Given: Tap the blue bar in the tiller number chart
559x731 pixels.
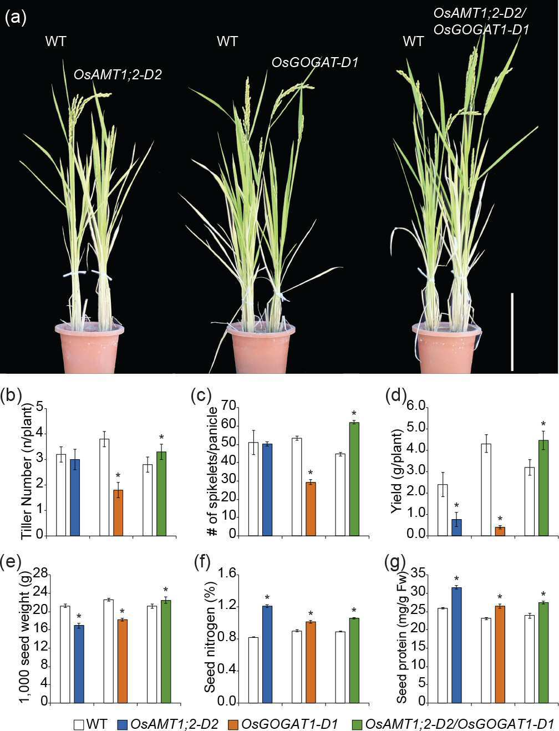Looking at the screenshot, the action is [75, 497].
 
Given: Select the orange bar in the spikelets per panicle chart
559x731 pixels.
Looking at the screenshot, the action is [311, 509].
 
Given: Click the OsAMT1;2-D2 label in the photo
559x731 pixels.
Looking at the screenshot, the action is [118, 75].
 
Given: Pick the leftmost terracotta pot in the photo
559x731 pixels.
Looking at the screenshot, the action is [89, 347].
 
